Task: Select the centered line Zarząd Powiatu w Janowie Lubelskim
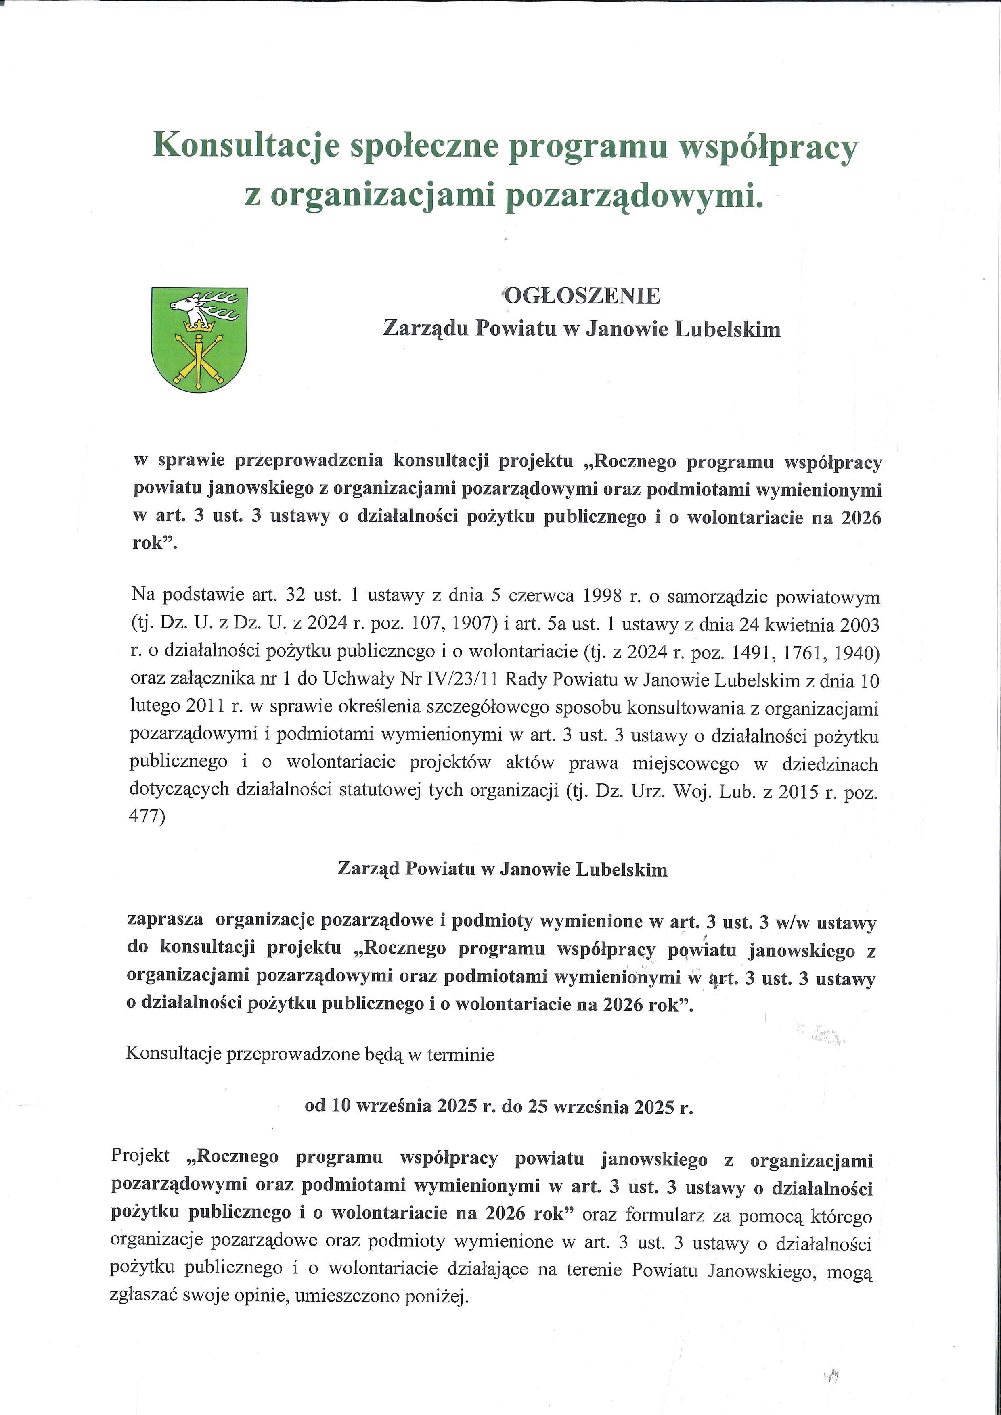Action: click(503, 870)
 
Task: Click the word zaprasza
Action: click(165, 920)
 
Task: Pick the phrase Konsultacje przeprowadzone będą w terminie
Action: click(310, 1054)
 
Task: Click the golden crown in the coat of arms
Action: click(199, 325)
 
